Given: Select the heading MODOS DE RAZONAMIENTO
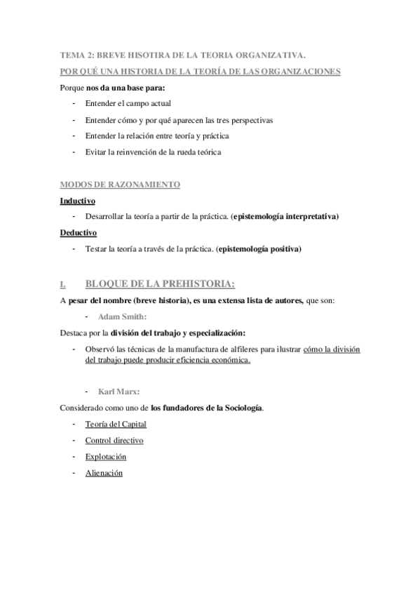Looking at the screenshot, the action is [120, 185].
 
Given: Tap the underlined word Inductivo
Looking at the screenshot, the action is [78, 201].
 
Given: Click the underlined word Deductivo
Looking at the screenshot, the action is [79, 232].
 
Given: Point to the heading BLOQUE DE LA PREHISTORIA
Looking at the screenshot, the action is [159, 283].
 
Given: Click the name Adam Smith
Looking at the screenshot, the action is [118, 316].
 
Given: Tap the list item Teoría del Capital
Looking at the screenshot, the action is [116, 424].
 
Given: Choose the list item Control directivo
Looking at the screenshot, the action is [114, 441].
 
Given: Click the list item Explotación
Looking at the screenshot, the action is [106, 457].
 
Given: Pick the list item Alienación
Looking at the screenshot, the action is [104, 473].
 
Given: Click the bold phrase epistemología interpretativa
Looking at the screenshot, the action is [285, 217].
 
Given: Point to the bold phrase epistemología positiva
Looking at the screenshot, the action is [259, 248].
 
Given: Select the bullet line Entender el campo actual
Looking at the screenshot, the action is [122, 103].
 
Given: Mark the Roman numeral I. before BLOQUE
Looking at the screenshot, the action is [63, 285].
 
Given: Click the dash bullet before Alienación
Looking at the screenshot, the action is [74, 473].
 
